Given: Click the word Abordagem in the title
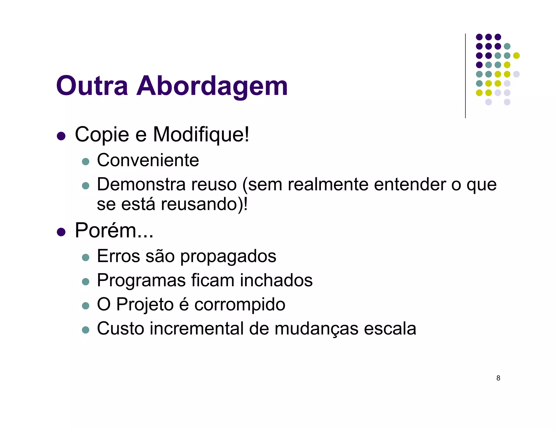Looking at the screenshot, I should (x=212, y=86).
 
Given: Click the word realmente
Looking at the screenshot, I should (x=328, y=185).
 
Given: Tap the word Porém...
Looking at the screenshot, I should (x=106, y=230).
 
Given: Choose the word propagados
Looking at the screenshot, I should (x=228, y=256).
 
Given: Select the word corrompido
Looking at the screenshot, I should (x=240, y=304).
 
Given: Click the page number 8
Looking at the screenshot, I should (x=498, y=378).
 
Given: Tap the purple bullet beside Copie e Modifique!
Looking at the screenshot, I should (x=61, y=136).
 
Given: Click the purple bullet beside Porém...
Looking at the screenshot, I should (x=61, y=232).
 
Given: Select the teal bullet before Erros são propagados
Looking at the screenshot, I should (x=86, y=257).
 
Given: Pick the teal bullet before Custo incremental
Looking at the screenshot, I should (x=86, y=330).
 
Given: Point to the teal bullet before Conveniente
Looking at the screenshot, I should (x=86, y=161).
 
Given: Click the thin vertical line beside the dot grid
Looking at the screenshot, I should (x=465, y=76).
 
